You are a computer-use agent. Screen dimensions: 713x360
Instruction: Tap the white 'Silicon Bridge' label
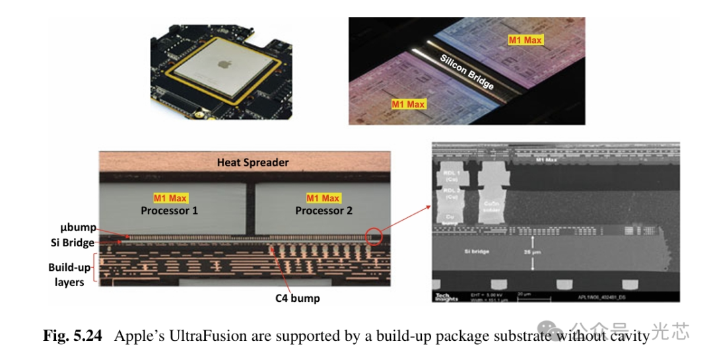[467, 73]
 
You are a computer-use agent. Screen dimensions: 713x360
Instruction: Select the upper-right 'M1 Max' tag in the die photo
[525, 40]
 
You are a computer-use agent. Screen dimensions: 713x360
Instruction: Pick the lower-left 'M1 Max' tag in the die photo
[409, 104]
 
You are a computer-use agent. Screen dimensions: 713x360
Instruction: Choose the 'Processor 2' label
[323, 211]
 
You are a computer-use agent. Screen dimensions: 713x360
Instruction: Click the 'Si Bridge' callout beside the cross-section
[73, 242]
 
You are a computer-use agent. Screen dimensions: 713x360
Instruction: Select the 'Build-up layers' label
[66, 275]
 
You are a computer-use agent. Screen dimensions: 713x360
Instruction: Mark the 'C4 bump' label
[297, 298]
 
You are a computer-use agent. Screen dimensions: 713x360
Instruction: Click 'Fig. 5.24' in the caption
[73, 336]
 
